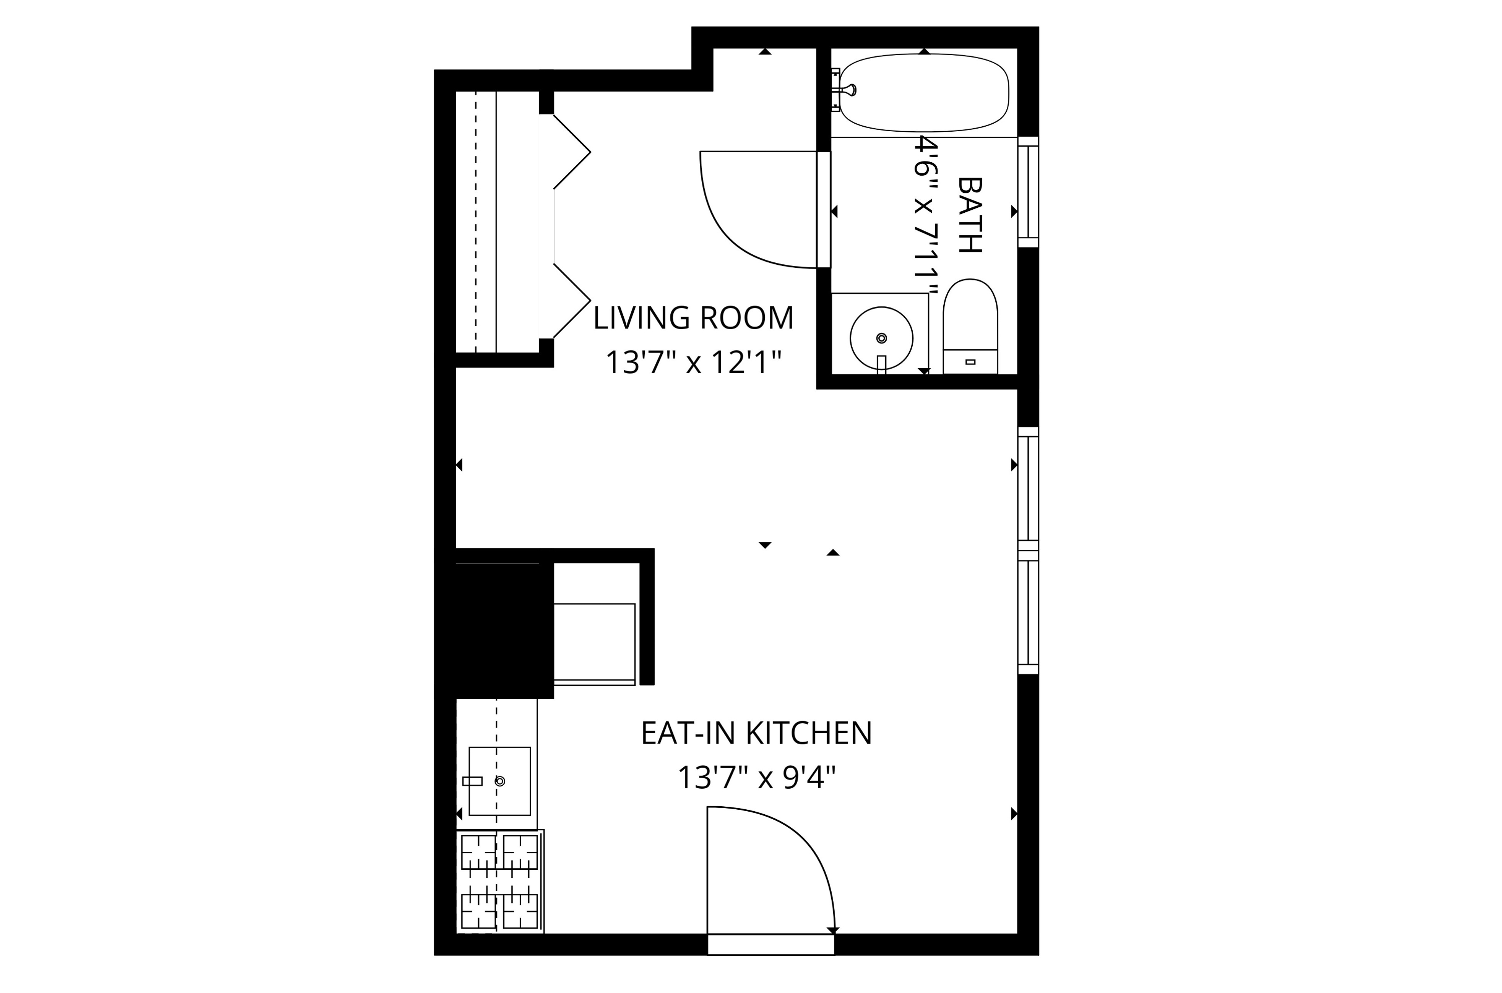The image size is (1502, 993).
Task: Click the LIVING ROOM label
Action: (x=693, y=318)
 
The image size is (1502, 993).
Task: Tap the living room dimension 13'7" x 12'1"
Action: (x=693, y=363)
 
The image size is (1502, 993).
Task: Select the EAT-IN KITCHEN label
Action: (x=756, y=733)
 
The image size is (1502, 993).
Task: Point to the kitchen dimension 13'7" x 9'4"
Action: (x=756, y=778)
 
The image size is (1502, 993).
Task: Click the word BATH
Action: (x=969, y=215)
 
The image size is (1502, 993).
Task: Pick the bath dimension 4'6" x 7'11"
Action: (x=925, y=216)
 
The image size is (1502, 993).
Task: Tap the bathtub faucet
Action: (x=846, y=90)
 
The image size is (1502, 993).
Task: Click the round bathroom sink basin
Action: (x=881, y=338)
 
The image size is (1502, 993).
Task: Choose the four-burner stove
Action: (x=499, y=881)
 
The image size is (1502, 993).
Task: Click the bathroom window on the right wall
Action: (x=1028, y=192)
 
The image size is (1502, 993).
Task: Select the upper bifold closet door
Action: (x=571, y=152)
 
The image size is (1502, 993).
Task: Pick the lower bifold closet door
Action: (x=571, y=301)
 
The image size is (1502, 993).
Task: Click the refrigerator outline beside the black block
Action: (x=594, y=643)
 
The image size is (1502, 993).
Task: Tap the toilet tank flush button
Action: (x=970, y=362)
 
